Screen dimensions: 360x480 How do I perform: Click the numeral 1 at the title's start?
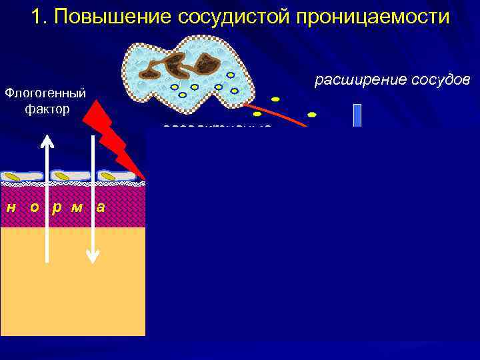tap(37, 17)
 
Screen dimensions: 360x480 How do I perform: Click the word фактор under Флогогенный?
tap(47, 109)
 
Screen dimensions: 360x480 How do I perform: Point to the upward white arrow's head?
tap(47, 139)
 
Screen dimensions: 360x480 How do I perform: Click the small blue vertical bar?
tap(357, 115)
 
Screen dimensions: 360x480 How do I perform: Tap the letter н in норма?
tap(11, 207)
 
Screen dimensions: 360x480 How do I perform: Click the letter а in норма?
tap(100, 207)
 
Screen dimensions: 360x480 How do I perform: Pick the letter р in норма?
tap(57, 207)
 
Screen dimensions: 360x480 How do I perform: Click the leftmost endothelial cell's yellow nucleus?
tap(13, 177)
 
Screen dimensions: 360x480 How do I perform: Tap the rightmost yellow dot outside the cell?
tap(311, 115)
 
